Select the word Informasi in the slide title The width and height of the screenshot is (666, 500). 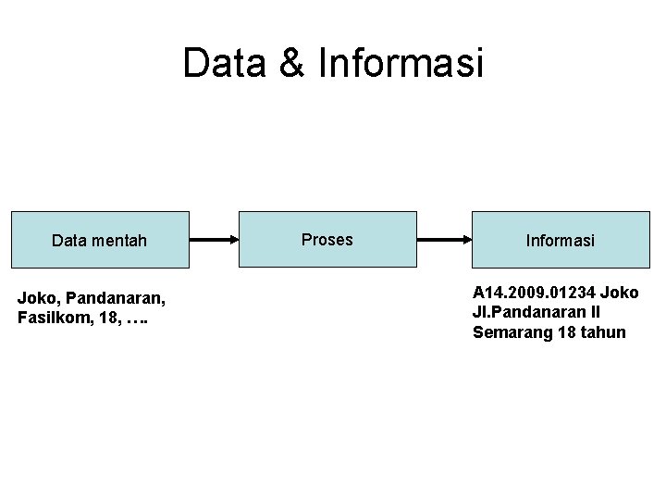(x=400, y=64)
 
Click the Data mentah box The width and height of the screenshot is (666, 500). (x=100, y=241)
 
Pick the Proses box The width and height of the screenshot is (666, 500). (x=327, y=240)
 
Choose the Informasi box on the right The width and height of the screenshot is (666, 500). (x=561, y=241)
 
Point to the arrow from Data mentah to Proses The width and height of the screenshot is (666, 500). (x=214, y=240)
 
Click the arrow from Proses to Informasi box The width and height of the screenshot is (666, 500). (x=444, y=240)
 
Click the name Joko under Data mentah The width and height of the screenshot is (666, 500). (x=36, y=298)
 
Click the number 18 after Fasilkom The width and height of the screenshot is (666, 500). (x=105, y=319)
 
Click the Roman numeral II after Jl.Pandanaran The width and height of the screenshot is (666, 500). (x=595, y=312)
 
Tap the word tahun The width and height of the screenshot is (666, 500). (x=605, y=332)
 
